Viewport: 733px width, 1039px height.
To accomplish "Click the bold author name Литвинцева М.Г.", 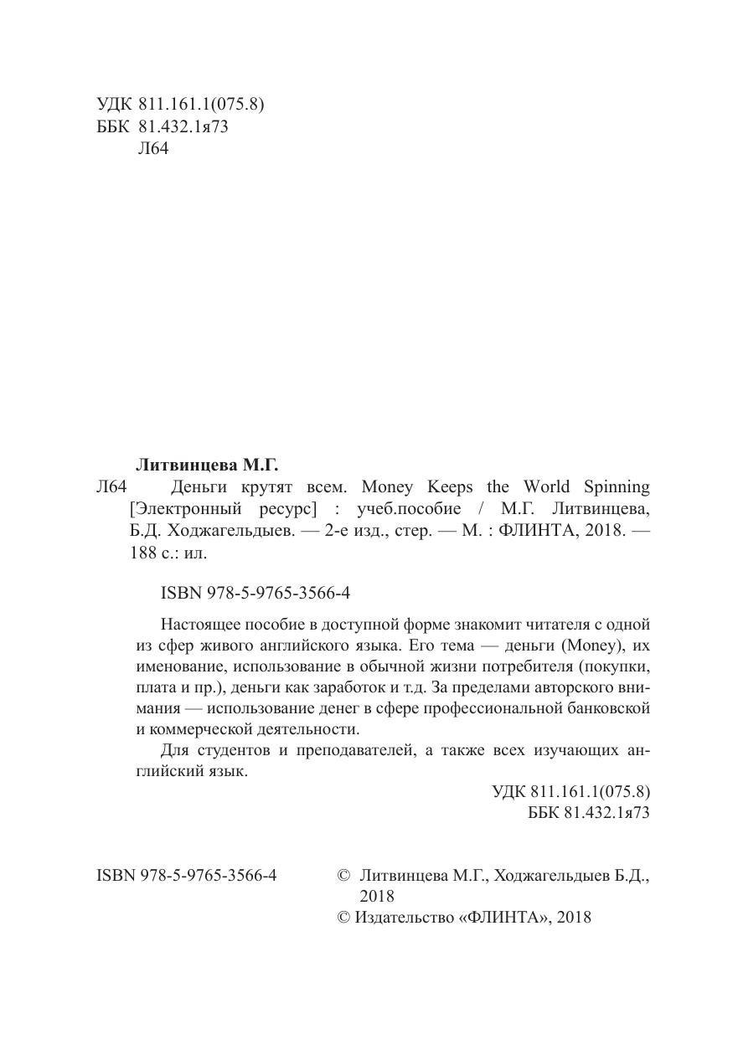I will [206, 463].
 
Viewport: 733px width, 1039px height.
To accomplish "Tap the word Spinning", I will [618, 486].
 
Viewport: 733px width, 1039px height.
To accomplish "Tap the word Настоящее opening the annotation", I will [199, 624].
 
